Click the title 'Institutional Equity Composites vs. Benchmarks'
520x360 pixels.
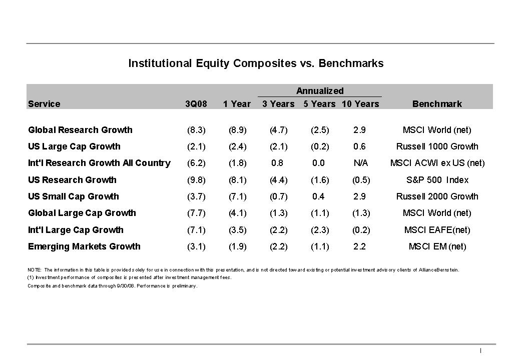coord(256,63)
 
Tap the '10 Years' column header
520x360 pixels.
coord(360,104)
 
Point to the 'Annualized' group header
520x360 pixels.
coord(320,91)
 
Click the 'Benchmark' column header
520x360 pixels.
coord(437,104)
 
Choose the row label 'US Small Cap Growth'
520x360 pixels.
coord(74,196)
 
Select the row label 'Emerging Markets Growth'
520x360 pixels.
coord(84,246)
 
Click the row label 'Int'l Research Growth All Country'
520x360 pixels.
coord(99,163)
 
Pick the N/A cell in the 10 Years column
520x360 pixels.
coord(360,163)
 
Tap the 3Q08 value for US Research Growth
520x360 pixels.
coord(196,180)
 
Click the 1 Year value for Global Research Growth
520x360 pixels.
coord(237,130)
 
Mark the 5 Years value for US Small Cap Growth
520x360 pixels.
coord(318,196)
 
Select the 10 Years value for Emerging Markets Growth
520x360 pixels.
coord(359,246)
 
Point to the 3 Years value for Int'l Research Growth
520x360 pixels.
coord(277,163)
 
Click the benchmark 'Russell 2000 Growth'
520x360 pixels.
coord(437,196)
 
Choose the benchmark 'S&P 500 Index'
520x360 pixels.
coord(437,180)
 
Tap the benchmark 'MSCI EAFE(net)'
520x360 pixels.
coord(437,230)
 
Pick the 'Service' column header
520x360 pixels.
coord(44,104)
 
